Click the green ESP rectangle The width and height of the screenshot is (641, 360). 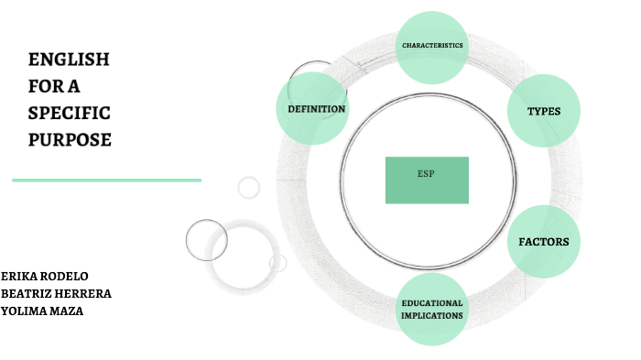click(427, 180)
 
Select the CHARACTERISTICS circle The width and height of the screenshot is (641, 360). click(432, 46)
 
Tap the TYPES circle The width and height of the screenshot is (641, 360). click(543, 111)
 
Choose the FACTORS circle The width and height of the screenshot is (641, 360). click(543, 242)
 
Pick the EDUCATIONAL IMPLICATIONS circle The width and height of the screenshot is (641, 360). click(431, 310)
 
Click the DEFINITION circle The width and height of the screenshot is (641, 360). click(316, 109)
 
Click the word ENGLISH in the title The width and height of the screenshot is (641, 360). click(69, 60)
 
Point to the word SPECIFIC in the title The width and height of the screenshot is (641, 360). click(70, 114)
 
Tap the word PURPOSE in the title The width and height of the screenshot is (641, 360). click(70, 140)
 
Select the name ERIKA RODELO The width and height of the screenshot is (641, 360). click(45, 276)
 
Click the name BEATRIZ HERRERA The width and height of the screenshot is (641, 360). click(56, 293)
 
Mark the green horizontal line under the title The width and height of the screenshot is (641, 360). click(106, 180)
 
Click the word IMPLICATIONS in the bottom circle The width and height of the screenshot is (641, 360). click(431, 316)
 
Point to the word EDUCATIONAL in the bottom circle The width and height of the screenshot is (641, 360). click(431, 303)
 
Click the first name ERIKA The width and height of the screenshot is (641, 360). click(18, 276)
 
